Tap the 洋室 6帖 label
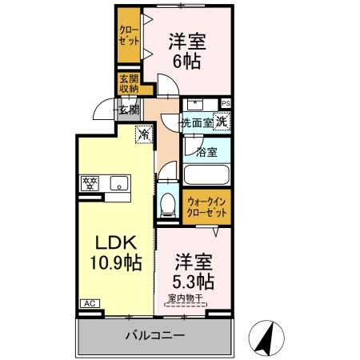coord(184,50)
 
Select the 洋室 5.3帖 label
coord(192,271)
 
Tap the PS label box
coord(226,103)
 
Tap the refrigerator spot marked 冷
coord(144,134)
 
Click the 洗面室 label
coord(195,123)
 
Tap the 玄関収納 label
coord(129,84)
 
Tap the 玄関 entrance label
coord(130,109)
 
